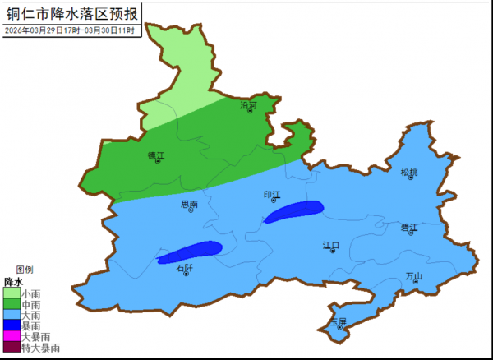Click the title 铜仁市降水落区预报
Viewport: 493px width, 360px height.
tap(71, 12)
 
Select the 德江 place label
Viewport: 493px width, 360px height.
tap(156, 155)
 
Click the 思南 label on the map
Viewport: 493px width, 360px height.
tap(189, 203)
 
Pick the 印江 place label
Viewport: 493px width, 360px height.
tap(272, 195)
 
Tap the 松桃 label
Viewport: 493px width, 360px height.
tap(409, 172)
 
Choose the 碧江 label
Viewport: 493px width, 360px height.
tap(409, 227)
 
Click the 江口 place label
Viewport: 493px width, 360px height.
tap(331, 245)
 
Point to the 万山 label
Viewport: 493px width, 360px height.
tap(414, 276)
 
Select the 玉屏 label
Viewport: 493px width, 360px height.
tap(338, 321)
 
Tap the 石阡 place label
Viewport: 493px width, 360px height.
tap(185, 267)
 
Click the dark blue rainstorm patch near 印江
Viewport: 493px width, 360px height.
tap(294, 211)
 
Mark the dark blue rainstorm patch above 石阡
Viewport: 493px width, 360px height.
tap(190, 252)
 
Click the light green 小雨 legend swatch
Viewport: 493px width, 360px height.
tap(11, 293)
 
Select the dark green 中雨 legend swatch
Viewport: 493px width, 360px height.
tap(11, 304)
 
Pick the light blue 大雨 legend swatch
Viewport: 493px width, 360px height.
tap(11, 315)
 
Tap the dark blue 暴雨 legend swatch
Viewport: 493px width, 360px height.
tap(11, 325)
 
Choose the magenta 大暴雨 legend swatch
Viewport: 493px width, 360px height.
tap(11, 336)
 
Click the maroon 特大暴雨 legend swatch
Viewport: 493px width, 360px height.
tap(11, 347)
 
